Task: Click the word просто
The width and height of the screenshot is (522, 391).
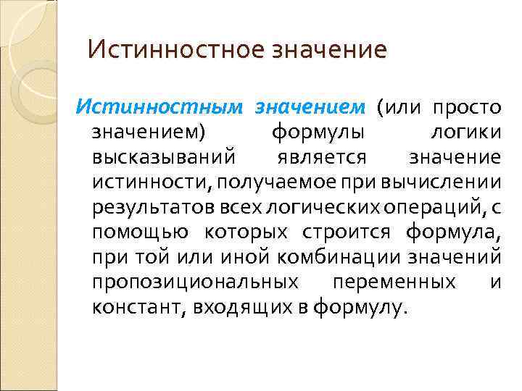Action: coord(467,108)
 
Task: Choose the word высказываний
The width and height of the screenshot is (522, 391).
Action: coord(163,158)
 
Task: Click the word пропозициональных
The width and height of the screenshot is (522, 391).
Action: coord(195,282)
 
